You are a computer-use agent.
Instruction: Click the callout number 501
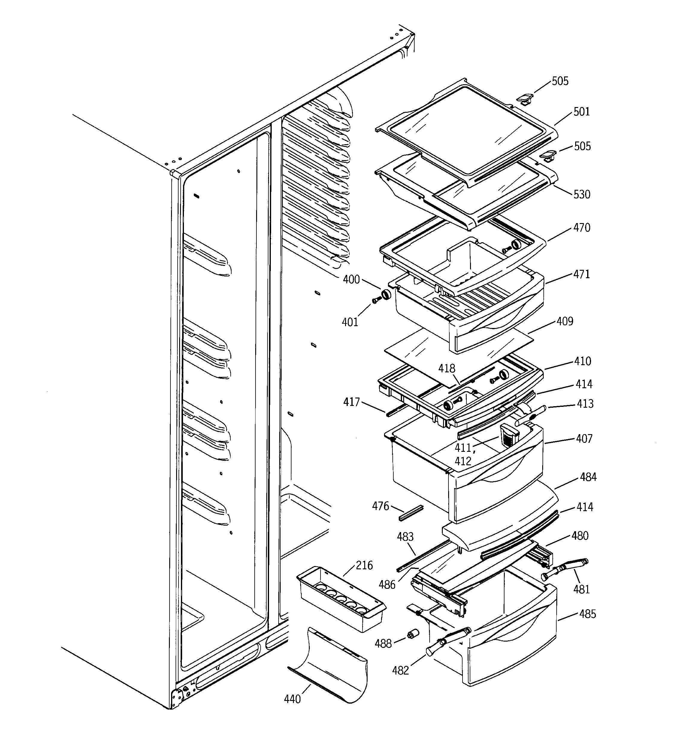[581, 112]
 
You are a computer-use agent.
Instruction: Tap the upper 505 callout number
[560, 81]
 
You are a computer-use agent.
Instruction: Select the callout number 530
[581, 195]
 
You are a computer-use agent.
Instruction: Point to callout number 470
[581, 228]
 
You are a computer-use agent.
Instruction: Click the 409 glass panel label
[565, 321]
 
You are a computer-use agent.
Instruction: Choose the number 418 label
[447, 369]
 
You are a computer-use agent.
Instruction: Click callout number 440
[292, 699]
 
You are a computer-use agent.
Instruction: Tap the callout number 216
[364, 565]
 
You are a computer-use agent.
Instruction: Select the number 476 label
[380, 506]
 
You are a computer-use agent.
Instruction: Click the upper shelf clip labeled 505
[524, 99]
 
